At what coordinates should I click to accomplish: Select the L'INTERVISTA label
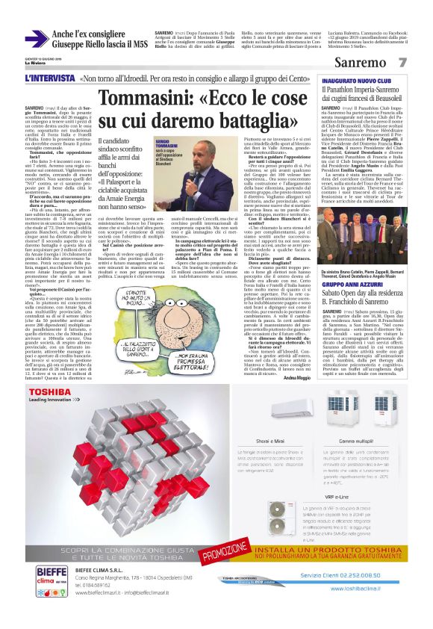point(49,78)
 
